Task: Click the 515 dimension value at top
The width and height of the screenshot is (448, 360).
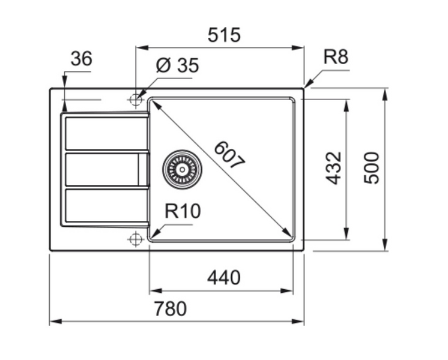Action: [224, 35]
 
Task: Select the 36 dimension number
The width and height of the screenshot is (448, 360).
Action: [81, 59]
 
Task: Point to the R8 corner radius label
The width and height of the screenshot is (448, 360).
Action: [336, 58]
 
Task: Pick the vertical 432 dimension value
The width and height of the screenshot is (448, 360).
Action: [334, 168]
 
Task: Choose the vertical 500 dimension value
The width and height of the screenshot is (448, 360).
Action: [372, 168]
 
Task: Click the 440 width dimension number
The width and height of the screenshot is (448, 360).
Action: [223, 278]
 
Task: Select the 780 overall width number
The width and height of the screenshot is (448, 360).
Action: [171, 309]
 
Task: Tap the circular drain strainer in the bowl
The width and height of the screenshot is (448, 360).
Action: [181, 168]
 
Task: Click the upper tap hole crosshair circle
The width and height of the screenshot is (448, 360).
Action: [135, 99]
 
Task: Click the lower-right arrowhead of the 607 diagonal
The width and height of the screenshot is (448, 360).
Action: [289, 234]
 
